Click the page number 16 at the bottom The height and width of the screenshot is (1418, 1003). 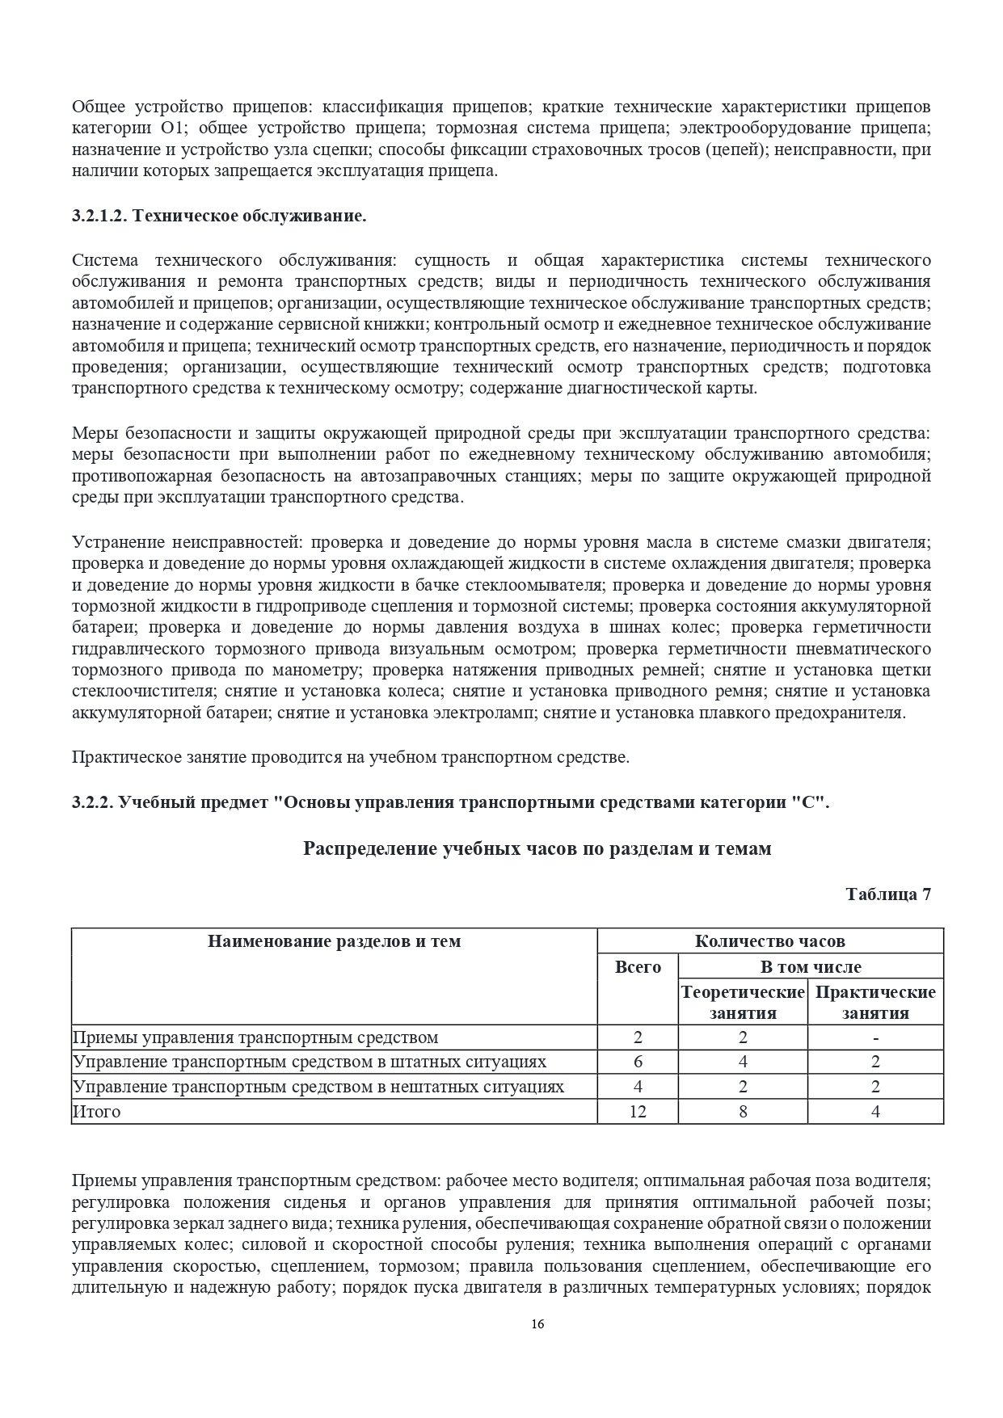coord(537,1323)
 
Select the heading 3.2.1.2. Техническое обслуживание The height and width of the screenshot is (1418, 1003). coord(219,216)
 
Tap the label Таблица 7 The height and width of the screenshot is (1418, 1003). coord(888,894)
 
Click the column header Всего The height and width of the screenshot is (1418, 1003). coord(638,966)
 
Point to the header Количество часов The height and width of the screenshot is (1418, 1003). coord(769,940)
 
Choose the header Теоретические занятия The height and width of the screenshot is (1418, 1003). coord(743,1002)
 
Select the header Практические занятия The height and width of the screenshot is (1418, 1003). coord(875,1002)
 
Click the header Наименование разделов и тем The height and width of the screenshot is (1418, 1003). coord(334,940)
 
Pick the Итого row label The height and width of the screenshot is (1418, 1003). coord(97,1111)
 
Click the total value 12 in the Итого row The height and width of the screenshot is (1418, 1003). coord(638,1111)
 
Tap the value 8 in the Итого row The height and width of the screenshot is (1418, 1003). coord(743,1111)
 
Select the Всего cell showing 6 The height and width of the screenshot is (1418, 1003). coord(638,1062)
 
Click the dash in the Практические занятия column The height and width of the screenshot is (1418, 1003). coord(875,1037)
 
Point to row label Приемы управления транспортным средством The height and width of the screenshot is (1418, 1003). coord(255,1037)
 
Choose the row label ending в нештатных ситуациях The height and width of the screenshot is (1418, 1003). coord(318,1087)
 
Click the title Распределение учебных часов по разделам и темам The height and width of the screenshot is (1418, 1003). coord(537,848)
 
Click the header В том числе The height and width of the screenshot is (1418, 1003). coord(811,966)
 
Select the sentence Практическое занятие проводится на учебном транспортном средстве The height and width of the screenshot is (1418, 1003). coord(350,757)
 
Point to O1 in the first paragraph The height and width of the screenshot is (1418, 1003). coord(171,128)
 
